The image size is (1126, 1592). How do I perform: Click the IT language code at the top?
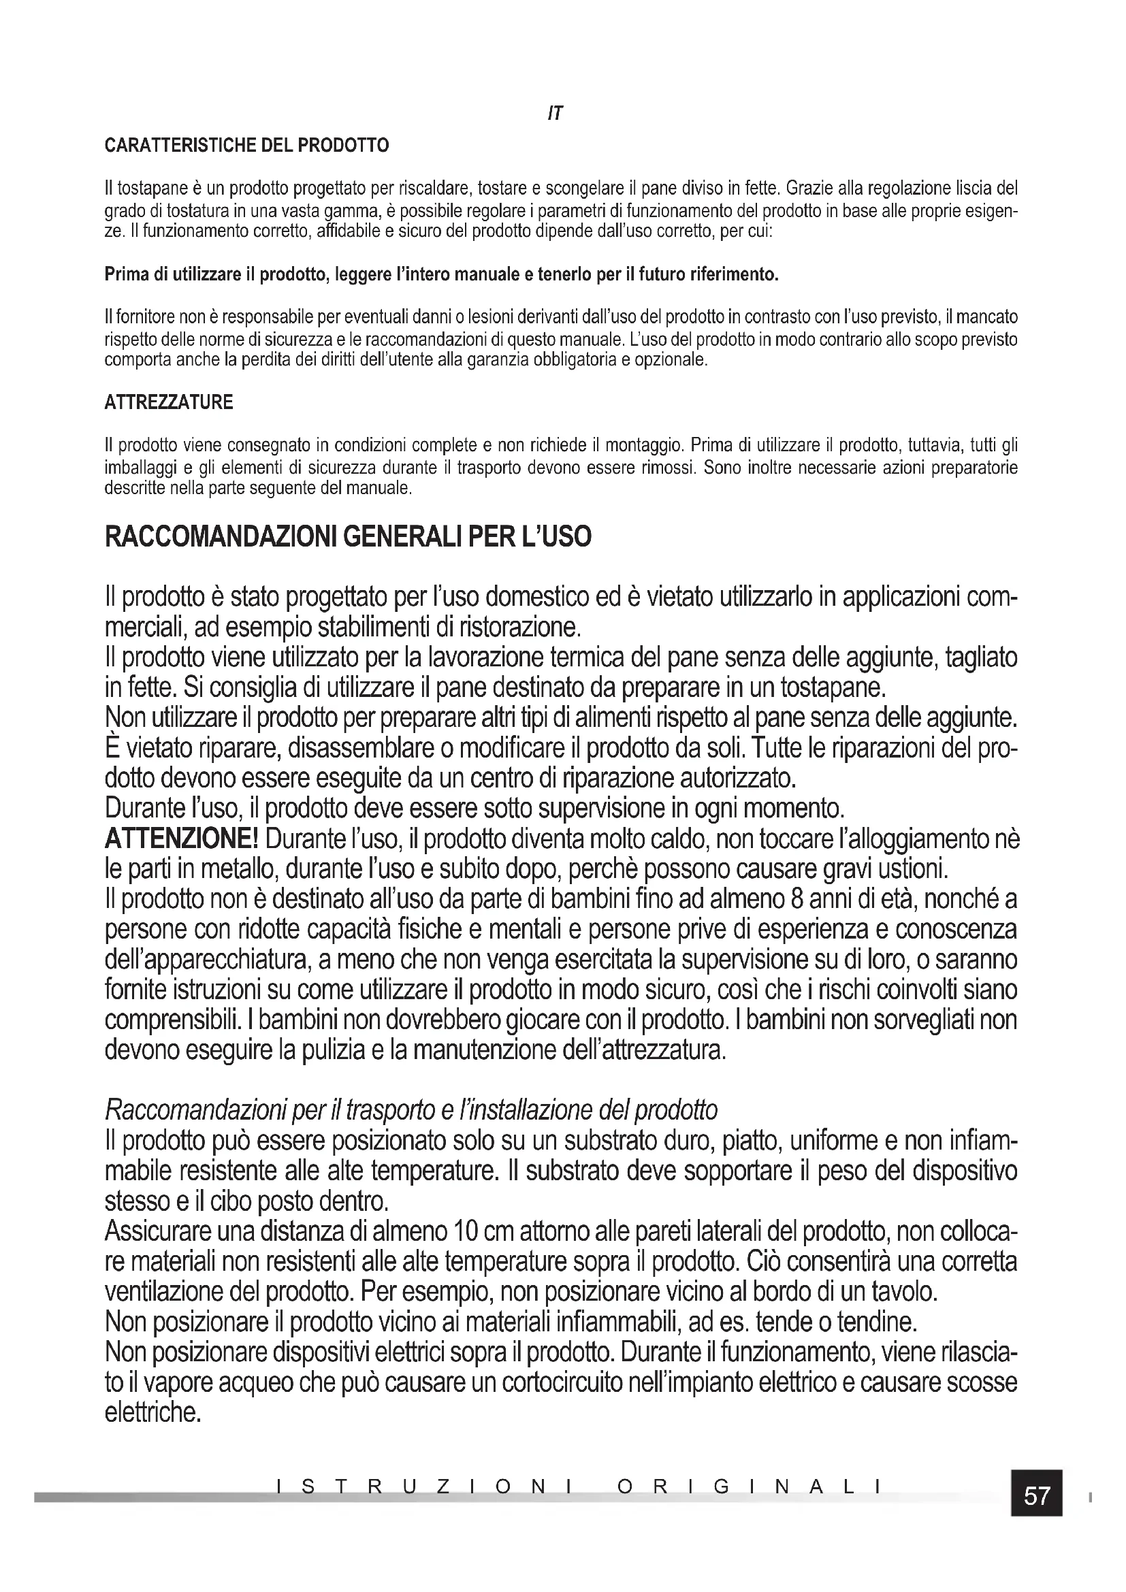[555, 114]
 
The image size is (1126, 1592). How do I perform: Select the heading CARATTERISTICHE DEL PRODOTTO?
[246, 146]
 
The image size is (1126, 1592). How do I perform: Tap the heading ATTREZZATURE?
[168, 402]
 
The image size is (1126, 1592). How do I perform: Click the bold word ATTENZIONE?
[181, 839]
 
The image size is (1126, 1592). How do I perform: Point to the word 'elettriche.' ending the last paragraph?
[152, 1412]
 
